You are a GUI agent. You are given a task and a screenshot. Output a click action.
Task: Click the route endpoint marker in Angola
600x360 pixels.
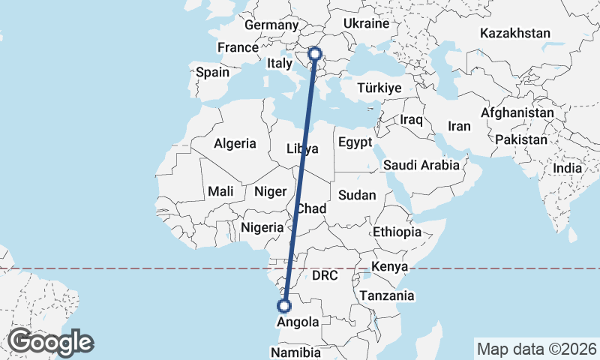click(284, 305)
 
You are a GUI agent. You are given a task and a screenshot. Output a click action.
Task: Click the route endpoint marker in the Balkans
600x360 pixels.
click(315, 54)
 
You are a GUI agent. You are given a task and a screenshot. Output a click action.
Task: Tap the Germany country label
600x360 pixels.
click(271, 25)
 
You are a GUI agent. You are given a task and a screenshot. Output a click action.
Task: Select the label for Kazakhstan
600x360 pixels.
click(516, 33)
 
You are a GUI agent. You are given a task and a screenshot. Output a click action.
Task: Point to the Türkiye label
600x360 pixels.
click(379, 88)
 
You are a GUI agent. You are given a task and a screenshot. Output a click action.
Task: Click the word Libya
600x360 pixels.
click(302, 148)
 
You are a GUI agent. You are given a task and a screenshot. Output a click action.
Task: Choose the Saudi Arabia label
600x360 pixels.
click(421, 165)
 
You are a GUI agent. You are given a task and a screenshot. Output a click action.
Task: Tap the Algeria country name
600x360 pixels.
click(235, 143)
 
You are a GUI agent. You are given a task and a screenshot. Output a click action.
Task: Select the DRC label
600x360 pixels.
click(325, 275)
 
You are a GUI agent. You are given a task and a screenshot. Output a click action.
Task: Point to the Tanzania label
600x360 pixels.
click(386, 295)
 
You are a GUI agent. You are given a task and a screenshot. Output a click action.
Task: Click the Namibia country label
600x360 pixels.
click(295, 352)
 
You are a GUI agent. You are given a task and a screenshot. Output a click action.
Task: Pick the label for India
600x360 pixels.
click(568, 169)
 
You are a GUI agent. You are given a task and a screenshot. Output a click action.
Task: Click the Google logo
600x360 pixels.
click(50, 342)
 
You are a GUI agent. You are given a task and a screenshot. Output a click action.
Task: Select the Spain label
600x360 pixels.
click(212, 73)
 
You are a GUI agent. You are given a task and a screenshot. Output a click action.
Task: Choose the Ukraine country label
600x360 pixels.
click(365, 24)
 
